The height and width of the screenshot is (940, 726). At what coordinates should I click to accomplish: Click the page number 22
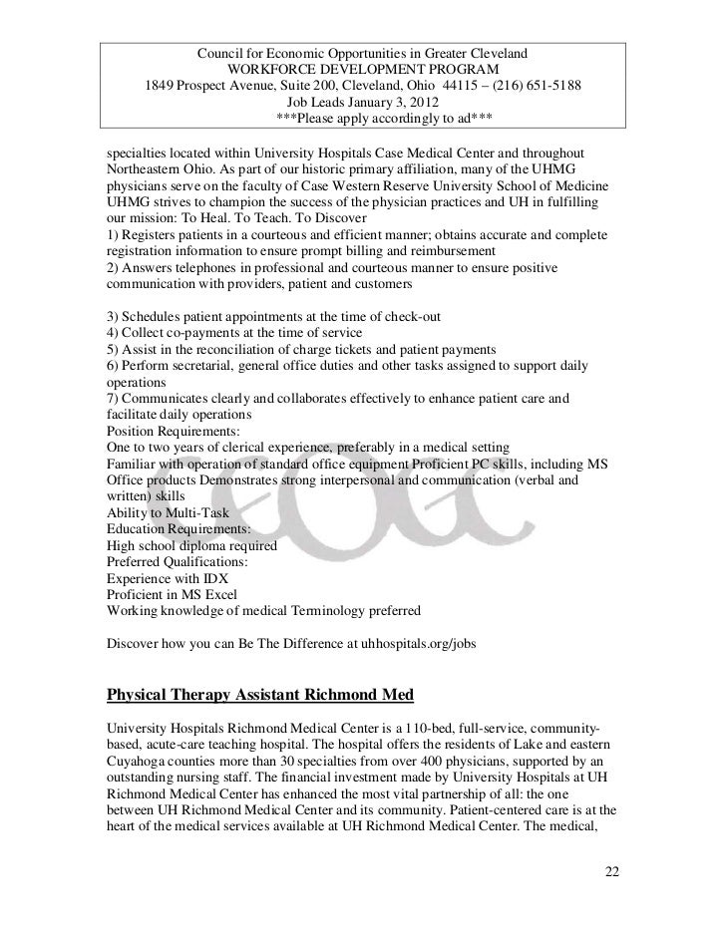pyautogui.click(x=612, y=874)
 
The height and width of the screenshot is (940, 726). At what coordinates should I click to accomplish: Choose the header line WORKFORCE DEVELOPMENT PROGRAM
pyautogui.click(x=364, y=67)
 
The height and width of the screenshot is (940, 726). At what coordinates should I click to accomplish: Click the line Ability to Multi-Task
pyautogui.click(x=167, y=512)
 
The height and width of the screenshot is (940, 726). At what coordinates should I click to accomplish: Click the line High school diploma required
pyautogui.click(x=190, y=545)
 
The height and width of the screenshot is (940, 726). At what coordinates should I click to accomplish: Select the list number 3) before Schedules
pyautogui.click(x=111, y=316)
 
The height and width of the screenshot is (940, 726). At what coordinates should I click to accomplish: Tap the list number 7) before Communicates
pyautogui.click(x=111, y=399)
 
